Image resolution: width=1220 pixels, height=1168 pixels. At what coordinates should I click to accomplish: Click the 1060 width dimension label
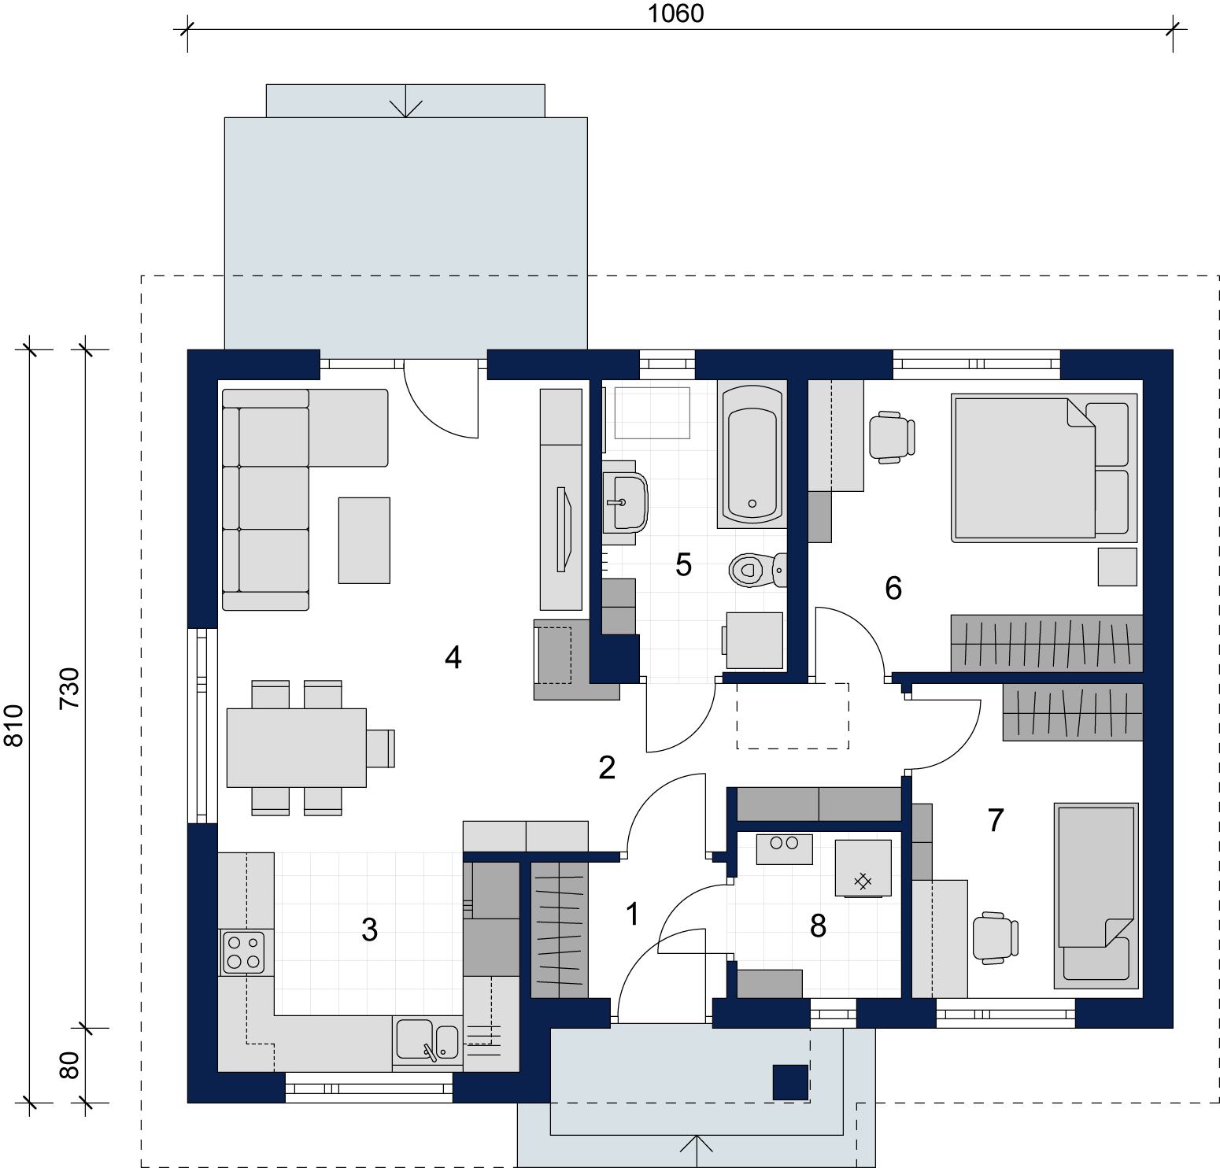click(x=675, y=13)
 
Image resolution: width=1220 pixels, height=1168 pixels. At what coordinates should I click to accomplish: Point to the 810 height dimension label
click(x=14, y=725)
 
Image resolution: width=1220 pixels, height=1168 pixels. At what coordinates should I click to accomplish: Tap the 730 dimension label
click(x=70, y=688)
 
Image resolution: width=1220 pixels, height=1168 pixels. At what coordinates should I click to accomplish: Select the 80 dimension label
click(x=70, y=1065)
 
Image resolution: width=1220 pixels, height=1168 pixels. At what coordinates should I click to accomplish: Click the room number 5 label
click(x=683, y=564)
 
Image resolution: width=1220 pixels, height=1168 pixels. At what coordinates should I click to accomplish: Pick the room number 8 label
click(x=818, y=926)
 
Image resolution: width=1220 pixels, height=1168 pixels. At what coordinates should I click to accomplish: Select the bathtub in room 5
click(x=752, y=454)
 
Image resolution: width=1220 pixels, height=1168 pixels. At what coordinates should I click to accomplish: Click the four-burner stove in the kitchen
click(x=243, y=952)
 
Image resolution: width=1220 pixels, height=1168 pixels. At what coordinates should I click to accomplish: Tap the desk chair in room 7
click(x=996, y=937)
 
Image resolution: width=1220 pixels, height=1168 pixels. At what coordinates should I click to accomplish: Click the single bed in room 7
click(x=1096, y=895)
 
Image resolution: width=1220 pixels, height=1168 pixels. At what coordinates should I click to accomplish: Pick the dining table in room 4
click(x=296, y=748)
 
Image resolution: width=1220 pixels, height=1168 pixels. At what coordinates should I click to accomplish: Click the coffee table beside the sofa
click(x=364, y=540)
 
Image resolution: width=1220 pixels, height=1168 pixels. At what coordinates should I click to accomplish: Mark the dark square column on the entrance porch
click(x=790, y=1081)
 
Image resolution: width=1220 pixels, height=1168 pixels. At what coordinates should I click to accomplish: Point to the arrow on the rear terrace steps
click(x=405, y=101)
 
